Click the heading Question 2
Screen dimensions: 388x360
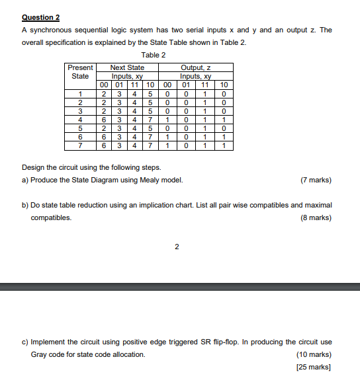click(x=40, y=18)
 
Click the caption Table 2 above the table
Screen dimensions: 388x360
click(x=154, y=55)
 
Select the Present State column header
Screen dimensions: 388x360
click(x=81, y=71)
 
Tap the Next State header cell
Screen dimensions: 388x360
click(x=127, y=67)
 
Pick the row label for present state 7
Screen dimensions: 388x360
click(x=81, y=145)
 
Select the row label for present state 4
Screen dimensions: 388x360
click(x=81, y=120)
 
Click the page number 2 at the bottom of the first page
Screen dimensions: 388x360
click(x=177, y=247)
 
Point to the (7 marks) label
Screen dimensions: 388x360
click(x=316, y=180)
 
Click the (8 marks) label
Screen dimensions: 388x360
click(x=316, y=217)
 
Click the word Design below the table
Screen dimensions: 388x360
click(x=33, y=167)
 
